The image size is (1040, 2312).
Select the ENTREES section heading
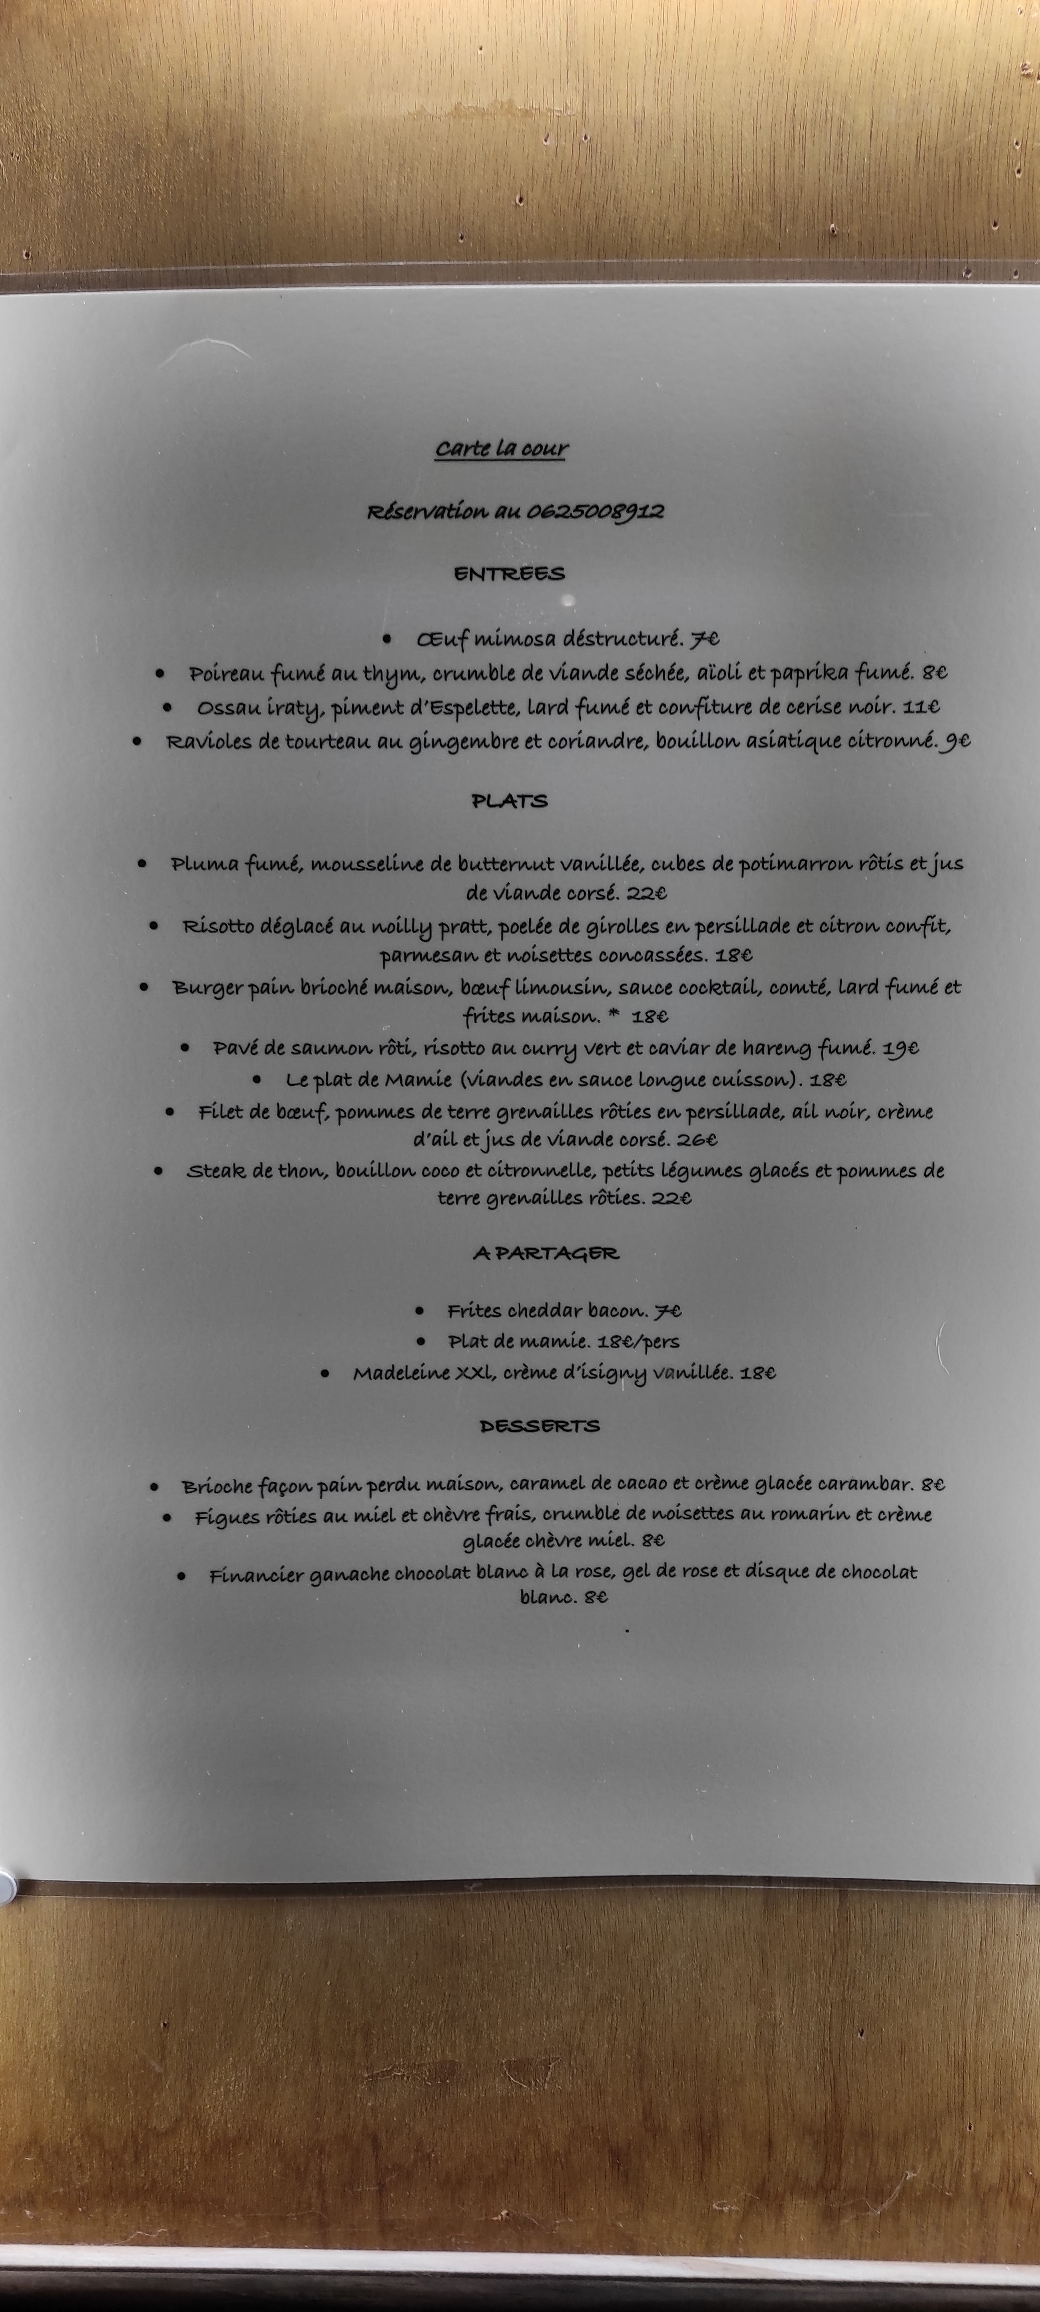pyautogui.click(x=509, y=574)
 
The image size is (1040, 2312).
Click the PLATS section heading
pyautogui.click(x=509, y=801)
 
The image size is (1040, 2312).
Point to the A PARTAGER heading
pyautogui.click(x=545, y=1253)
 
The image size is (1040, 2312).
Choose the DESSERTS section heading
pyautogui.click(x=539, y=1425)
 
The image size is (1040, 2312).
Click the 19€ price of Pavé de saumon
pyautogui.click(x=901, y=1047)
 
